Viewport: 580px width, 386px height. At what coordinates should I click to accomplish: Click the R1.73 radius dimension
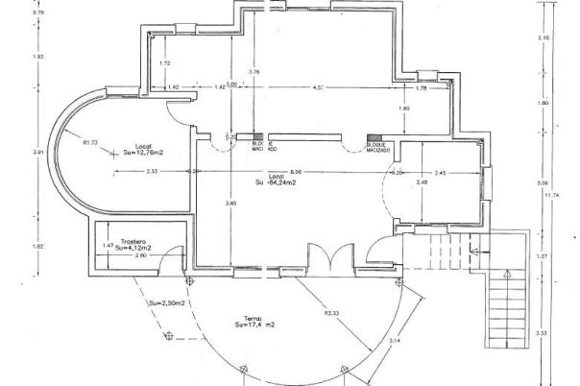(91, 143)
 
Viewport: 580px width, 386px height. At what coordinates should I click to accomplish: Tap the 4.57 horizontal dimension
(318, 87)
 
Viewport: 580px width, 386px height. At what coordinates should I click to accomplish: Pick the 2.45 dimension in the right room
(440, 172)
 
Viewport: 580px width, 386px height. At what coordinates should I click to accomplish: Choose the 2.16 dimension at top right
(544, 37)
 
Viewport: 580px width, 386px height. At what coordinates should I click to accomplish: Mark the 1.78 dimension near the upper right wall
(421, 87)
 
